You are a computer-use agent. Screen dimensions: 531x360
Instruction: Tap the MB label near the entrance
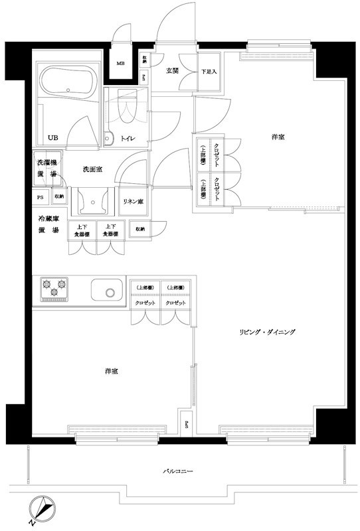(121, 64)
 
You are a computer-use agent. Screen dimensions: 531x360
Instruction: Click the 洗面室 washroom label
(92, 170)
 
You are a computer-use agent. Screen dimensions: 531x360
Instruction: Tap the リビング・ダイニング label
(268, 331)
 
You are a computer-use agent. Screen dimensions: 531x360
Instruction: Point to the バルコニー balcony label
(177, 471)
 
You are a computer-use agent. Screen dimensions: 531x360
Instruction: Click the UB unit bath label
(52, 138)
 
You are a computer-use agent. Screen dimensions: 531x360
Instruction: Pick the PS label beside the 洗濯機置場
(41, 196)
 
